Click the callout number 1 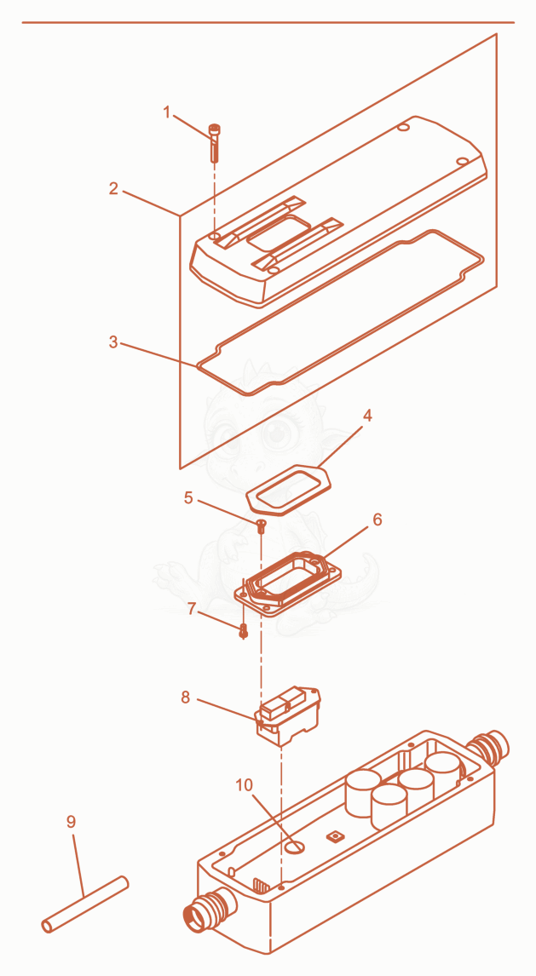(x=166, y=112)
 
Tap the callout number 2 (x=112, y=188)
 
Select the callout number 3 (x=112, y=342)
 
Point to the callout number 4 (x=367, y=416)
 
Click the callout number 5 (x=188, y=498)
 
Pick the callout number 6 (x=378, y=520)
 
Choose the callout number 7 (x=191, y=609)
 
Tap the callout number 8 (x=186, y=698)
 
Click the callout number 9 (x=71, y=822)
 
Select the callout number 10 (x=244, y=785)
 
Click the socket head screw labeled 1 (x=215, y=140)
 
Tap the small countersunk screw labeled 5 (x=261, y=526)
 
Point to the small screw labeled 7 (x=244, y=632)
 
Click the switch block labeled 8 (x=288, y=715)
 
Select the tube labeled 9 (x=84, y=904)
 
